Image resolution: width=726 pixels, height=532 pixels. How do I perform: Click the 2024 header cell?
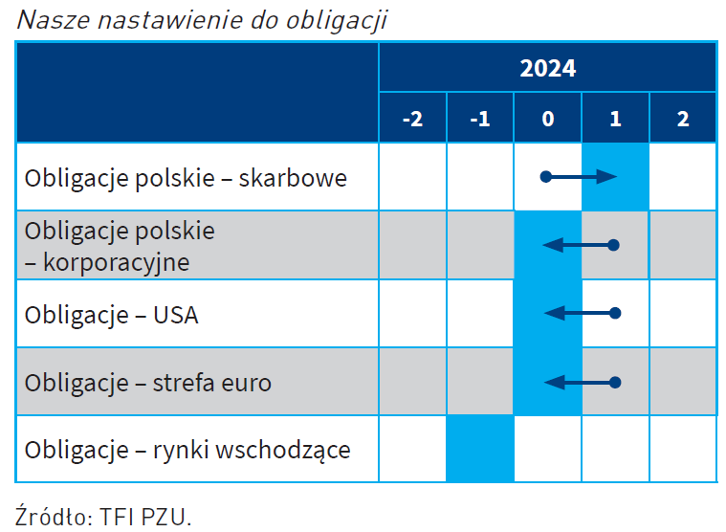pyautogui.click(x=548, y=68)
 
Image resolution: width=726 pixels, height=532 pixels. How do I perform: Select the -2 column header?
pyautogui.click(x=412, y=118)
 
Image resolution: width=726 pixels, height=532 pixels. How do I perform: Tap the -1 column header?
pyautogui.click(x=480, y=118)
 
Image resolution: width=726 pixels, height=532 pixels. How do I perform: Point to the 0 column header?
pyautogui.click(x=548, y=118)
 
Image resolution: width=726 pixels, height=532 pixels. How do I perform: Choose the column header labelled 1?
pyautogui.click(x=615, y=118)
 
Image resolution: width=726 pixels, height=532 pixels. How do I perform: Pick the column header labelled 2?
pyautogui.click(x=683, y=118)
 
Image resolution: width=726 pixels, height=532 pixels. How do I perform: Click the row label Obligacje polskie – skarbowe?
pyautogui.click(x=186, y=179)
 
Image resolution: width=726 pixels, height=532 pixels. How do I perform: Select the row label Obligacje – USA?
pyautogui.click(x=112, y=316)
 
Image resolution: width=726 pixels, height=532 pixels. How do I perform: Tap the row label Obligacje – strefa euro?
pyautogui.click(x=147, y=383)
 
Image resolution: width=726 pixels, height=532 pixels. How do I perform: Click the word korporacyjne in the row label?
pyautogui.click(x=116, y=263)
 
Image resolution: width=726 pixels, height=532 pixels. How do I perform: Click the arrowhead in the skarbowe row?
pyautogui.click(x=606, y=176)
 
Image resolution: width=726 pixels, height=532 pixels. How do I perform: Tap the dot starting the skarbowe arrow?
pyautogui.click(x=546, y=176)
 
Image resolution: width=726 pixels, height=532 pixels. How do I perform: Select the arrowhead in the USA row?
pyautogui.click(x=555, y=314)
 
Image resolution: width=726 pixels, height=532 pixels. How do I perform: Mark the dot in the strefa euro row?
pyautogui.click(x=615, y=383)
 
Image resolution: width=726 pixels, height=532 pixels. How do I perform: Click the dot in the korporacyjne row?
pyautogui.click(x=613, y=245)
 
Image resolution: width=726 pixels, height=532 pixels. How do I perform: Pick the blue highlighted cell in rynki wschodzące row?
pyautogui.click(x=480, y=449)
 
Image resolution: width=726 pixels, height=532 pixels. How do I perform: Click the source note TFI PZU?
pyautogui.click(x=145, y=518)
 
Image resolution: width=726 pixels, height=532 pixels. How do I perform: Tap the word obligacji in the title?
pyautogui.click(x=337, y=20)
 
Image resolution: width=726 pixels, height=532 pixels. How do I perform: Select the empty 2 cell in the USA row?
pyautogui.click(x=683, y=314)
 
